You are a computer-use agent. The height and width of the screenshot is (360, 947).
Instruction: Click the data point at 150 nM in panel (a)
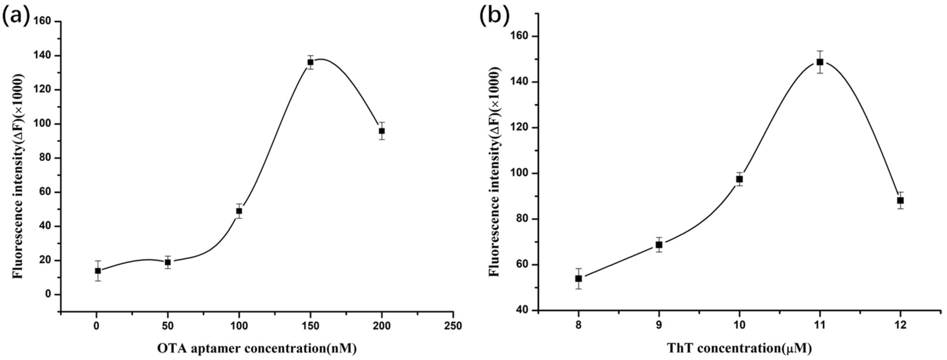[310, 62]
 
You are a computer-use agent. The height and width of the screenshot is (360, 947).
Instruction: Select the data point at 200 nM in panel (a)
[382, 131]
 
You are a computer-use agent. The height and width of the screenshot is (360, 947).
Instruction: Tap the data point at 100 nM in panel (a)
[239, 211]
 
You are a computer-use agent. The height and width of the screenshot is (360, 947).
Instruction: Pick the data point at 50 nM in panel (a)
[168, 262]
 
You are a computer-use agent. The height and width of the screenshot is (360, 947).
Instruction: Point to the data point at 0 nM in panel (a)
[98, 271]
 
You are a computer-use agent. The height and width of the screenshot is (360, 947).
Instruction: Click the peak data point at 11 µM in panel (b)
[819, 62]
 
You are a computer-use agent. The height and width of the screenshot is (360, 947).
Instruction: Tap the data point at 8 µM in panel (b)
[578, 279]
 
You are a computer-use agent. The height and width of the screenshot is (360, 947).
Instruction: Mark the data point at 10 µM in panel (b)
[739, 179]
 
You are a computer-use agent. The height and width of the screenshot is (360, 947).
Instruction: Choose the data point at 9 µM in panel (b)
[659, 245]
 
